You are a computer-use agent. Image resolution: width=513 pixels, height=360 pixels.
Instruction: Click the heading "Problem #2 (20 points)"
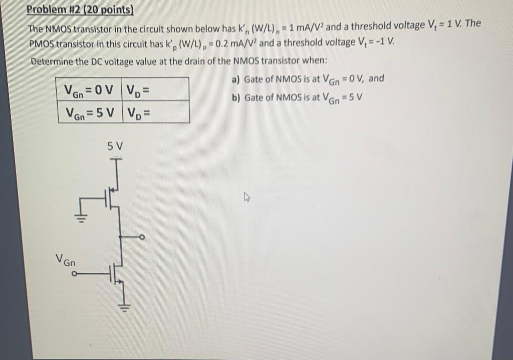[x=80, y=10]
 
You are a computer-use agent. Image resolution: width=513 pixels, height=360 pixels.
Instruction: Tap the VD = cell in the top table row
[x=139, y=90]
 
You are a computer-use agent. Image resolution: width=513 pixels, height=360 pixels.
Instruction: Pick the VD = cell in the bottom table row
[x=139, y=112]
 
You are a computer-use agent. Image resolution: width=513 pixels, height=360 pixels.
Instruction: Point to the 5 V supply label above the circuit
[x=115, y=146]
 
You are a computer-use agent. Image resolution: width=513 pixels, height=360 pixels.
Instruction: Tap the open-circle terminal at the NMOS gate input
[x=74, y=274]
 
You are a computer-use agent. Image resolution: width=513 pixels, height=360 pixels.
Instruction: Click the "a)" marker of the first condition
[x=236, y=80]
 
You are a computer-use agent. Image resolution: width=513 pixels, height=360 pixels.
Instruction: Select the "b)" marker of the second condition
[x=236, y=97]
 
